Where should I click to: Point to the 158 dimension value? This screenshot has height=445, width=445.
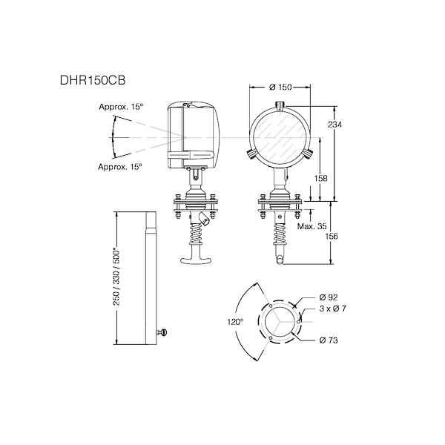[x=321, y=178]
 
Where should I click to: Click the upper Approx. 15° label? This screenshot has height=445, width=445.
[x=121, y=108]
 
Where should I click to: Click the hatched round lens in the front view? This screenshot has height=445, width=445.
[x=282, y=136]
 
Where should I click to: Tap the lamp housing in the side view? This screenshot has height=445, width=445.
[x=194, y=131]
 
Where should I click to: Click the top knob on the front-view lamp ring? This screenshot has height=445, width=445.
[x=282, y=104]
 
